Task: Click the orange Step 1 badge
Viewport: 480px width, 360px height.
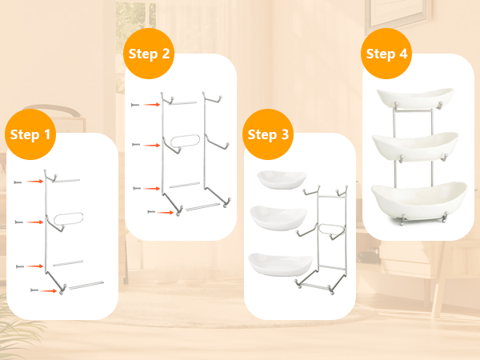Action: click(x=30, y=134)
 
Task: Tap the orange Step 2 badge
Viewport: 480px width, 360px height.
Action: click(x=149, y=54)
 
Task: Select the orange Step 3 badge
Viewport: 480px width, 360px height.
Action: click(x=268, y=134)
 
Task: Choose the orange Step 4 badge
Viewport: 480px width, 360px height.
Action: click(x=386, y=54)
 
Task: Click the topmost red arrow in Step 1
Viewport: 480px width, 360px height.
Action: click(x=34, y=182)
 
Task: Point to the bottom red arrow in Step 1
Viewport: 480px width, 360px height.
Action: click(x=48, y=291)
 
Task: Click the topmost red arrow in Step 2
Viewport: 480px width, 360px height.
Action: click(x=152, y=105)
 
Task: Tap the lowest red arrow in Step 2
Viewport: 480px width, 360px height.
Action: click(x=166, y=212)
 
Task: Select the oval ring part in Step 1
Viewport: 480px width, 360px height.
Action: click(x=69, y=219)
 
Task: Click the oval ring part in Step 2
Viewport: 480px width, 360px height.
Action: click(x=185, y=141)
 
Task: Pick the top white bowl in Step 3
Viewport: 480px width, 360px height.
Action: click(x=282, y=179)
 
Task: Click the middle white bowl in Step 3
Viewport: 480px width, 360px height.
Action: click(x=278, y=218)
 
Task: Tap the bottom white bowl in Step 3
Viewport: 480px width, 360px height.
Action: click(x=280, y=264)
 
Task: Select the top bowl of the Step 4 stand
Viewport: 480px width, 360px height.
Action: click(x=415, y=98)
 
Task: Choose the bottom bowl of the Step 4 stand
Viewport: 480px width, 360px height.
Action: click(x=419, y=199)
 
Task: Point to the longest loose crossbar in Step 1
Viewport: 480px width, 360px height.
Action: click(x=86, y=285)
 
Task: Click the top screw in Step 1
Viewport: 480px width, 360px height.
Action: click(x=18, y=182)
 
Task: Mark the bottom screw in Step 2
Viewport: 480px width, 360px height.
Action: click(x=151, y=212)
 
